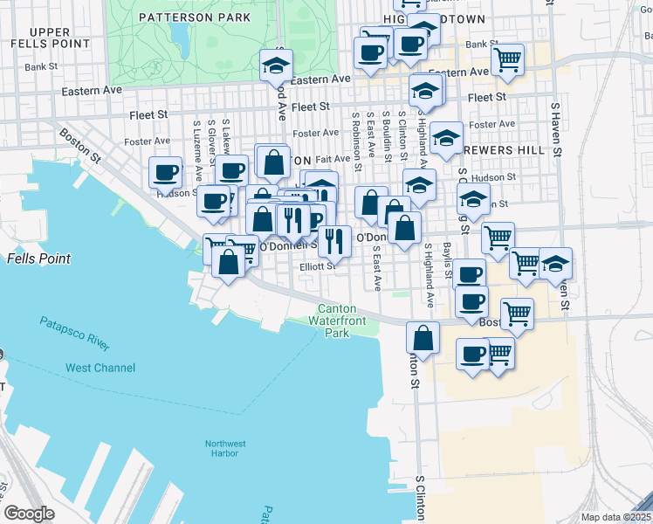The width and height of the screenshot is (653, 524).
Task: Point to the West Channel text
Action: [100, 368]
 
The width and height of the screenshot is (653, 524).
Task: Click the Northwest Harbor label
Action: [225, 448]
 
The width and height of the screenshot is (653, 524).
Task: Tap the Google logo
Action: [29, 514]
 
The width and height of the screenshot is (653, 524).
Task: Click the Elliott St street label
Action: [318, 266]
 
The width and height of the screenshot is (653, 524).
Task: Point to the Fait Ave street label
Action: [333, 159]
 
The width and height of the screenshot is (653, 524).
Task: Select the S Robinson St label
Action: [356, 133]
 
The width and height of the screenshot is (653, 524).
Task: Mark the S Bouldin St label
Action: [387, 133]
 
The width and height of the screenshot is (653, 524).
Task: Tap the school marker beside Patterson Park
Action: [276, 65]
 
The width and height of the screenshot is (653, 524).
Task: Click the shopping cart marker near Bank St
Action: [506, 59]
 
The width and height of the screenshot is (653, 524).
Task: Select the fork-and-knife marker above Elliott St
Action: [334, 238]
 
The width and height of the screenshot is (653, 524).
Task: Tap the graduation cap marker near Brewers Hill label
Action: [446, 137]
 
